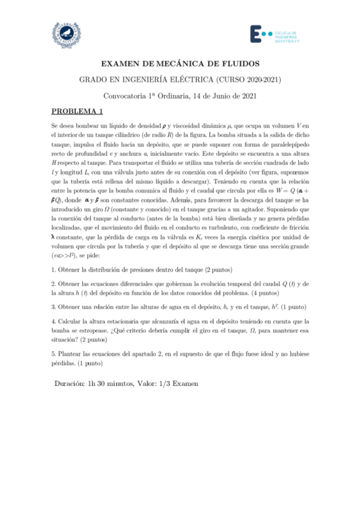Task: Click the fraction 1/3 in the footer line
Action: pos(169,383)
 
